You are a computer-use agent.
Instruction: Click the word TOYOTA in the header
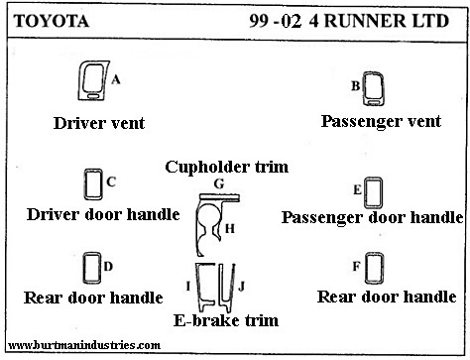click(x=52, y=21)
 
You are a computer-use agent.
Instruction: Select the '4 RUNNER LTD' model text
click(x=379, y=21)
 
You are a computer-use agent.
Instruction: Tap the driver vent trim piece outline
click(x=80, y=82)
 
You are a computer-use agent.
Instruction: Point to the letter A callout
click(x=116, y=79)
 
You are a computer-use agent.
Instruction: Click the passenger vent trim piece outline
click(x=364, y=89)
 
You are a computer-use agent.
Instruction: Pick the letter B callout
click(x=355, y=86)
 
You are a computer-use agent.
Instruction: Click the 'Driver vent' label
click(x=99, y=123)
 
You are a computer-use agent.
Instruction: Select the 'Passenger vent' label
click(x=381, y=121)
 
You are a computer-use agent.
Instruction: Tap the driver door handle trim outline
click(x=85, y=184)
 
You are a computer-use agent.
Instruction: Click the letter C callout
click(x=111, y=181)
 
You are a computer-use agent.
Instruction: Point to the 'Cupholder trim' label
click(x=227, y=167)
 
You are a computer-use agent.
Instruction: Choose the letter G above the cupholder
click(x=219, y=183)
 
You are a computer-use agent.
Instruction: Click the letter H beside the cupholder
click(x=230, y=228)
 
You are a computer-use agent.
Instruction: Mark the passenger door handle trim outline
click(x=366, y=192)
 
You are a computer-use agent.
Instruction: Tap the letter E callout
click(x=357, y=189)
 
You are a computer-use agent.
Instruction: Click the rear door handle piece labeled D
click(x=84, y=268)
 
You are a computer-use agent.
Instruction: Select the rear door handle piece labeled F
click(x=366, y=268)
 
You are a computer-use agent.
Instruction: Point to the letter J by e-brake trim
click(x=241, y=287)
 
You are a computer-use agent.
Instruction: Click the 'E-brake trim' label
click(x=226, y=320)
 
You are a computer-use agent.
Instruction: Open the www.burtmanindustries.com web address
click(x=84, y=345)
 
